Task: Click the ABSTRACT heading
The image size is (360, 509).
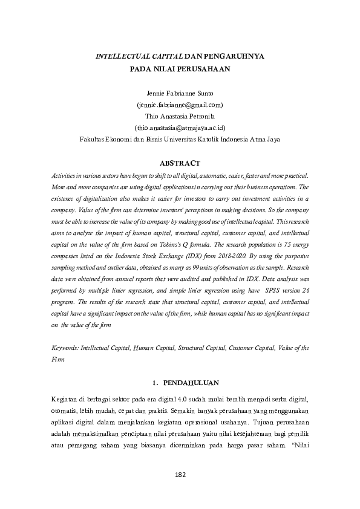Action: click(179, 163)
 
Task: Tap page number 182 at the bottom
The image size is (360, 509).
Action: click(180, 474)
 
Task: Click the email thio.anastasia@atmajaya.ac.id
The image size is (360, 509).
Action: click(180, 127)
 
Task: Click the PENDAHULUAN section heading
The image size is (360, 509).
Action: click(186, 383)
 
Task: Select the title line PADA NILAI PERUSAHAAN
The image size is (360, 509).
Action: click(180, 68)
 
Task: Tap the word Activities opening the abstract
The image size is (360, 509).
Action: click(66, 175)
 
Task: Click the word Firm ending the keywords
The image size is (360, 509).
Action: click(59, 358)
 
